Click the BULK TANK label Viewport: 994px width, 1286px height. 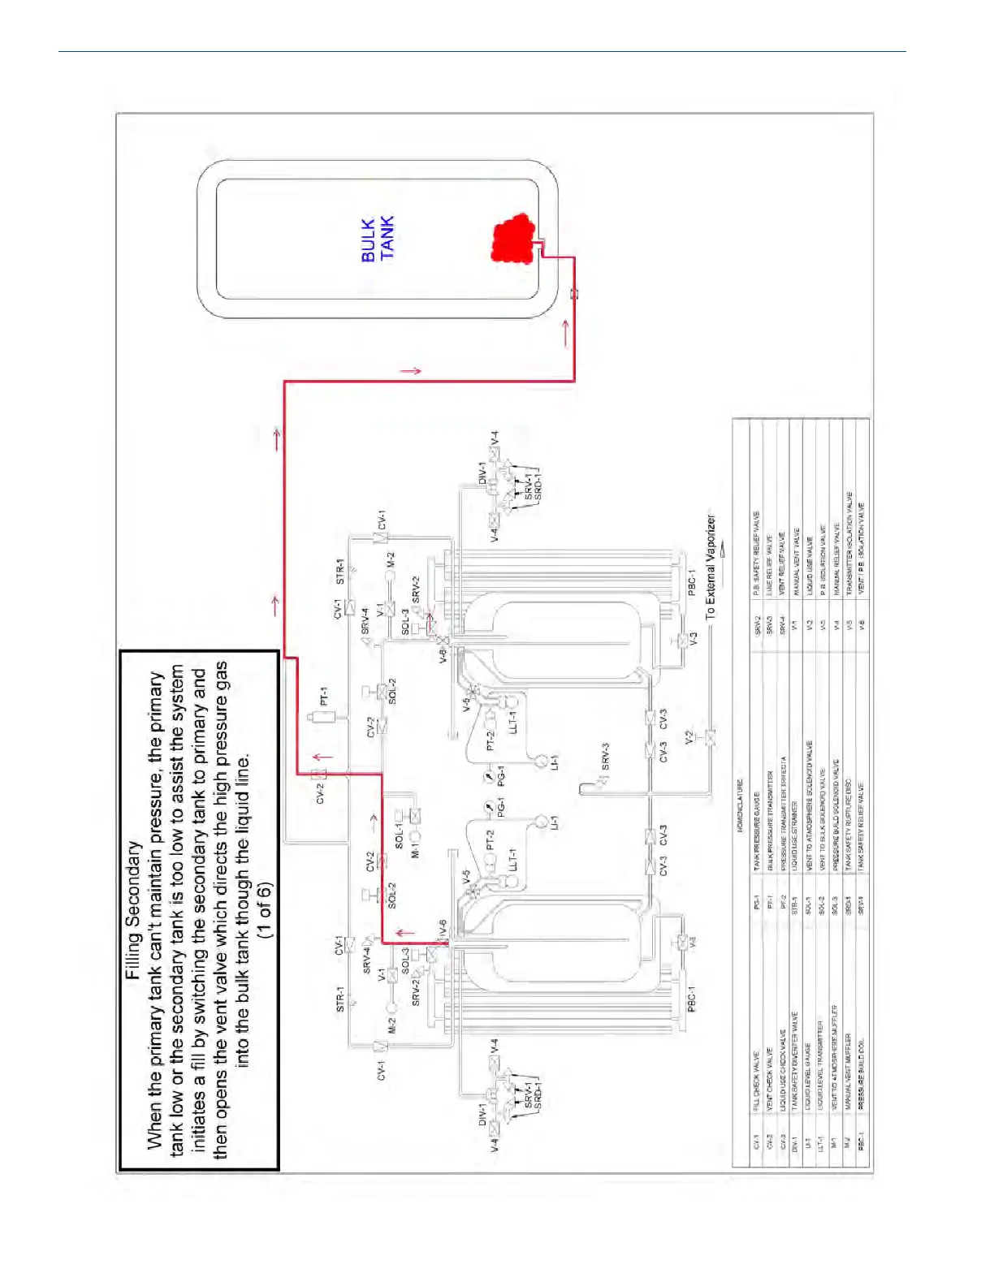(x=378, y=239)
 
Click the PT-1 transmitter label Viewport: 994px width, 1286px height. (x=324, y=697)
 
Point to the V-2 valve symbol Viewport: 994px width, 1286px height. (x=709, y=738)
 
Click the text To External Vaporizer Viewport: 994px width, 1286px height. (x=711, y=567)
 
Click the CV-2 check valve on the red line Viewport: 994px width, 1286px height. (x=319, y=775)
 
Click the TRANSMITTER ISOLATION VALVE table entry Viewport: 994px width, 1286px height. (x=849, y=543)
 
